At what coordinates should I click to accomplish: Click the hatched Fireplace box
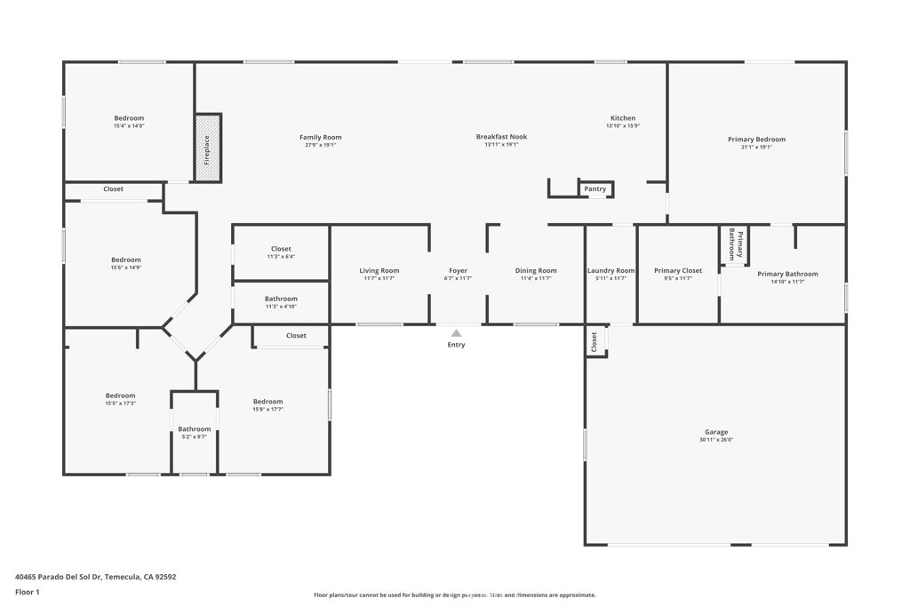[208, 148]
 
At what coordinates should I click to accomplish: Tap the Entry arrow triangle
[456, 333]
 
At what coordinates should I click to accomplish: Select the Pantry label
[595, 188]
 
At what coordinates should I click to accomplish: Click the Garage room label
[716, 432]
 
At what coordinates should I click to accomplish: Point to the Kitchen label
[622, 118]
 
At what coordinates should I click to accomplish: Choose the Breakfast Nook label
[501, 137]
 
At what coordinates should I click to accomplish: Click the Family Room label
[320, 137]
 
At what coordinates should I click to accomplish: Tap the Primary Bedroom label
[756, 140]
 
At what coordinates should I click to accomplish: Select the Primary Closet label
[678, 271]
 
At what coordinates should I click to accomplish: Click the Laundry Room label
[611, 271]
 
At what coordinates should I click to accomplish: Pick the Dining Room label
[536, 271]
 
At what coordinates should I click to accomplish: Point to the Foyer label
[458, 271]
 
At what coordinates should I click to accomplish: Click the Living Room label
[379, 271]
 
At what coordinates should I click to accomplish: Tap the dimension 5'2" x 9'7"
[194, 437]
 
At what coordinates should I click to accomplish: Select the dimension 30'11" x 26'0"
[716, 440]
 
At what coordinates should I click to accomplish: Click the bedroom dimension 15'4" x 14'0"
[129, 126]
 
